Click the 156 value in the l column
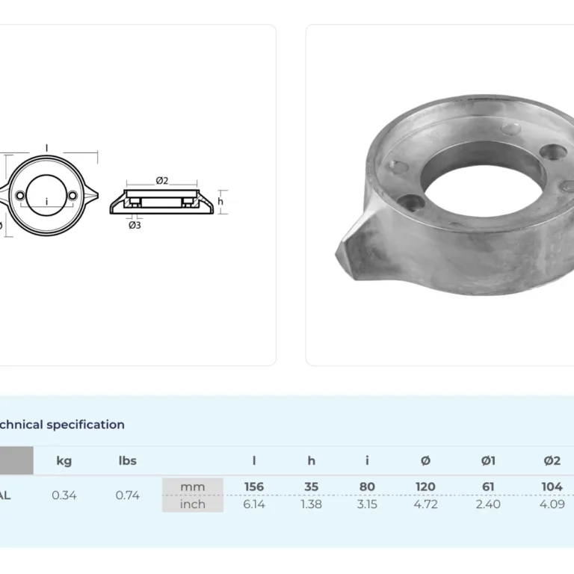(254, 487)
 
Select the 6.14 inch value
(254, 504)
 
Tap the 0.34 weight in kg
(64, 496)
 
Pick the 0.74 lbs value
(128, 496)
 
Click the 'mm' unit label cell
(193, 487)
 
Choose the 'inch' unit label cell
(193, 504)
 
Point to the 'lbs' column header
(128, 460)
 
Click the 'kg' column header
(64, 460)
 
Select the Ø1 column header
(488, 460)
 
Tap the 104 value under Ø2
(552, 487)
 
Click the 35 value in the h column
(312, 487)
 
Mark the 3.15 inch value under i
(367, 504)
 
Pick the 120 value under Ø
(425, 487)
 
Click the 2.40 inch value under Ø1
(488, 504)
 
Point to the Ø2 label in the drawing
(161, 180)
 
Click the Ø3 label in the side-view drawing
(135, 225)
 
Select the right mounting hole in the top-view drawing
(72, 196)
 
